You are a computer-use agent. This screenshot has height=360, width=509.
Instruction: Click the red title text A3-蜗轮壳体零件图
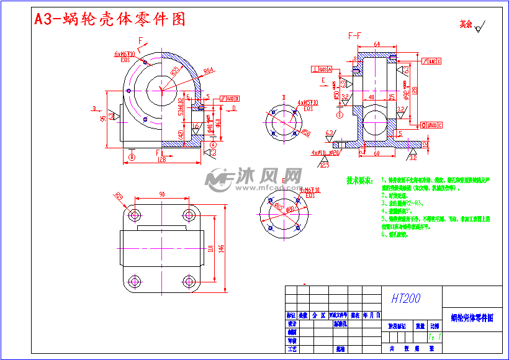tap(110, 19)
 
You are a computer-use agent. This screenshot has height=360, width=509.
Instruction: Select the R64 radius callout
tap(209, 70)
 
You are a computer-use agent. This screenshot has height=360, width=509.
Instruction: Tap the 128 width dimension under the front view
tap(161, 160)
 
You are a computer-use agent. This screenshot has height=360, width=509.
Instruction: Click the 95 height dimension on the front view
tap(103, 119)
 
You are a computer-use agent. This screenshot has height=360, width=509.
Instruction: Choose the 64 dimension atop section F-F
tap(377, 44)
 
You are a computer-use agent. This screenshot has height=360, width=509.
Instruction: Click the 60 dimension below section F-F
tap(376, 153)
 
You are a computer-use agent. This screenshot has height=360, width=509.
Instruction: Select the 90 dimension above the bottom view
tap(162, 195)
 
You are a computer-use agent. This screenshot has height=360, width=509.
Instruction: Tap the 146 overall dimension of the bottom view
tap(220, 248)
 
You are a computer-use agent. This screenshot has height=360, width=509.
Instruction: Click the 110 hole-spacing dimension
tap(210, 248)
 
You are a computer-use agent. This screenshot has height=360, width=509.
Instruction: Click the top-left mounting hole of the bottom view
tap(133, 215)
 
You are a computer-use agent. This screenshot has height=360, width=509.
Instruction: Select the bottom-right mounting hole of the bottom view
tap(189, 282)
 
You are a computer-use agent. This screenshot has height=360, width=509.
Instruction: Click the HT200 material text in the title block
tap(405, 299)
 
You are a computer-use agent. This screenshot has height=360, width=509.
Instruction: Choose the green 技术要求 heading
tap(359, 181)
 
